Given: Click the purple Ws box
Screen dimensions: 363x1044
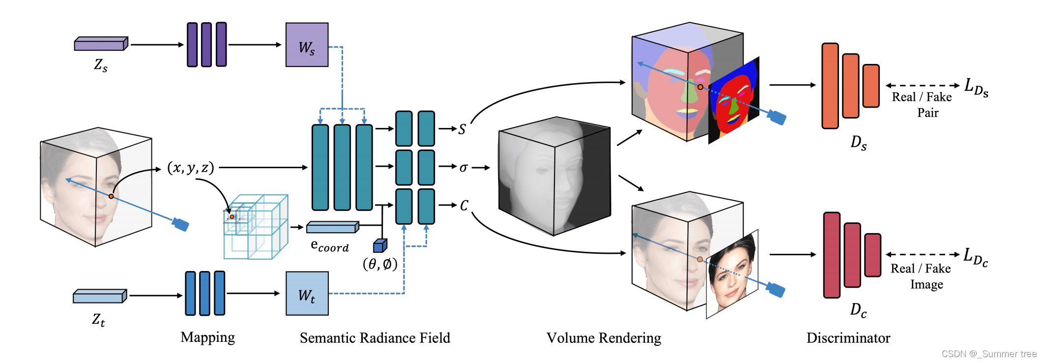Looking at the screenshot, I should (x=307, y=45).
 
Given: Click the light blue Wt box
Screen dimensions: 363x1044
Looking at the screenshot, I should (x=307, y=294).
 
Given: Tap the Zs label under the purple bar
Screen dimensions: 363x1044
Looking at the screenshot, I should (x=101, y=65).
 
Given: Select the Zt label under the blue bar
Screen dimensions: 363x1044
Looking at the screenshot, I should (x=98, y=320).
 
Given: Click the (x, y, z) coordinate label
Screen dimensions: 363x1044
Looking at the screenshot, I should (x=191, y=168).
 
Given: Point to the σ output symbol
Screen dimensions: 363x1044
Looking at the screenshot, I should (x=463, y=168).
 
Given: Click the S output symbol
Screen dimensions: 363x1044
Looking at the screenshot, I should (x=462, y=129).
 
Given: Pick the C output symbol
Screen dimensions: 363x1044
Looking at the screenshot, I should (x=464, y=206).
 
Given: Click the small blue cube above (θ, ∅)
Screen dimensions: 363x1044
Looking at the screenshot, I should (x=380, y=245).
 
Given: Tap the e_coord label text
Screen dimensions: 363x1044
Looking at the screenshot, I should (x=330, y=246).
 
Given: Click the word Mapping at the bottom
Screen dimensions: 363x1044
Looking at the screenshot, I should (x=207, y=337).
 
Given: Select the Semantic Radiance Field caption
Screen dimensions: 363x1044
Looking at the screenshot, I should (x=375, y=338).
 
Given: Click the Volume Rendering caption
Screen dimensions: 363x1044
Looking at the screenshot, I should (x=604, y=338).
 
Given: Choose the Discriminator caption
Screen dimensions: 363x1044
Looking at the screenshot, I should (x=848, y=338).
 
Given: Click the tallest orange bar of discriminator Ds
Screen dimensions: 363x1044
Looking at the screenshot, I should (x=830, y=86).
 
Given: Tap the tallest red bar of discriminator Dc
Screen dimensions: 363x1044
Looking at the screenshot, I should (x=832, y=255).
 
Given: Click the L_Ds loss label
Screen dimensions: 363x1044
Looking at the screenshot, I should (x=976, y=88).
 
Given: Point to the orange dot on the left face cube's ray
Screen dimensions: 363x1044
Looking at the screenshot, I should (x=112, y=196).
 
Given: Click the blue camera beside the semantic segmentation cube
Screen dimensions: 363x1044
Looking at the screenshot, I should (x=777, y=118).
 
